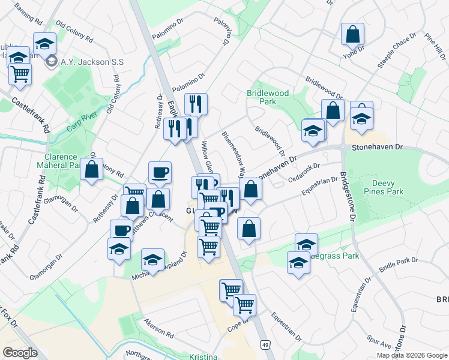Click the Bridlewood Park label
pyautogui.click(x=268, y=98)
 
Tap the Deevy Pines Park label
pyautogui.click(x=387, y=187)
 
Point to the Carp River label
pyautogui.click(x=82, y=123)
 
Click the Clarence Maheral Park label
pyautogui.click(x=58, y=160)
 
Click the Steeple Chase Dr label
pyautogui.click(x=397, y=52)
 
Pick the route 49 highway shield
pyautogui.click(x=264, y=344)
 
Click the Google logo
pyautogui.click(x=20, y=353)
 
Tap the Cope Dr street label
pyautogui.click(x=238, y=328)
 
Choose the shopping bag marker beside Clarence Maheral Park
pyautogui.click(x=92, y=170)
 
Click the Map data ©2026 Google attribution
pyautogui.click(x=411, y=355)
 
